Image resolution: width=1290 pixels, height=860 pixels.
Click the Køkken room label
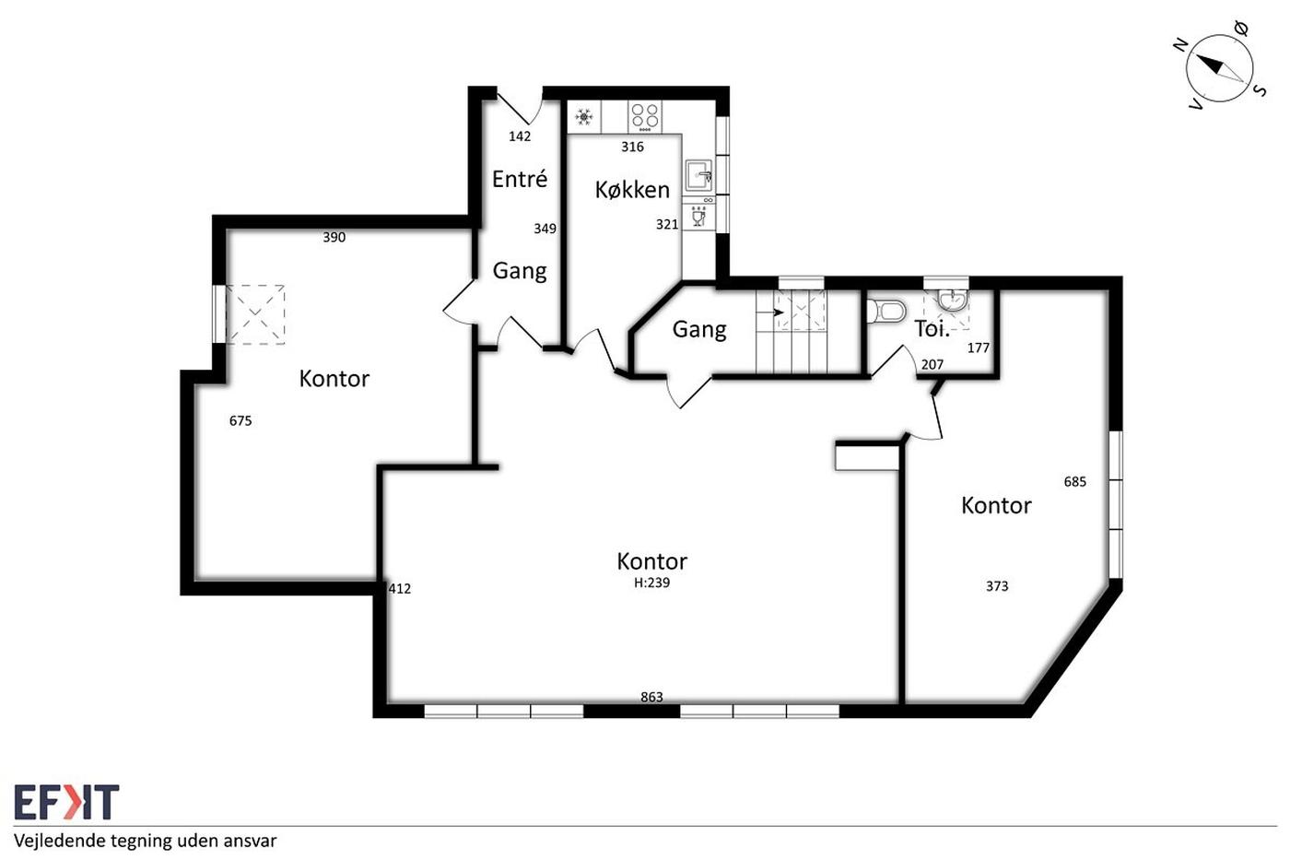(632, 190)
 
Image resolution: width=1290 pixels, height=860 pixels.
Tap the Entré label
(520, 179)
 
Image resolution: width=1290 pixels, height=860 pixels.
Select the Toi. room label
(932, 329)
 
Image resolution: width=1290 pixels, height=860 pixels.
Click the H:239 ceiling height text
(652, 583)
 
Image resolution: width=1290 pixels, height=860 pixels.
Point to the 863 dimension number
(652, 697)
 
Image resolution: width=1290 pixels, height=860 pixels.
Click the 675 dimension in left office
(240, 421)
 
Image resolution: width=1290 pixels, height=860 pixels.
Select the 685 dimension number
(1074, 481)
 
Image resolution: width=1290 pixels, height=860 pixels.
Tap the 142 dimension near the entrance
(520, 136)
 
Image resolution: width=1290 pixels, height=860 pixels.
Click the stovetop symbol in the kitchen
(644, 116)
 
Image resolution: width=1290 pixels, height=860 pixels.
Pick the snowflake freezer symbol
(584, 117)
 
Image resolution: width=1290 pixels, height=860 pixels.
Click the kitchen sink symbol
(699, 176)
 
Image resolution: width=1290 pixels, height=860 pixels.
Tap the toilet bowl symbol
(886, 311)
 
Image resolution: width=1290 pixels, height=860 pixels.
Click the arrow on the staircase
(770, 312)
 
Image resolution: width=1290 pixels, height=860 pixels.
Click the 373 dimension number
(997, 586)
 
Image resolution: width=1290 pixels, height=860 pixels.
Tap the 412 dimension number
(400, 589)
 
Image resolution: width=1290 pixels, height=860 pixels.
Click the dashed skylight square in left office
(255, 314)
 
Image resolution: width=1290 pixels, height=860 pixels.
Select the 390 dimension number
(334, 237)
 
